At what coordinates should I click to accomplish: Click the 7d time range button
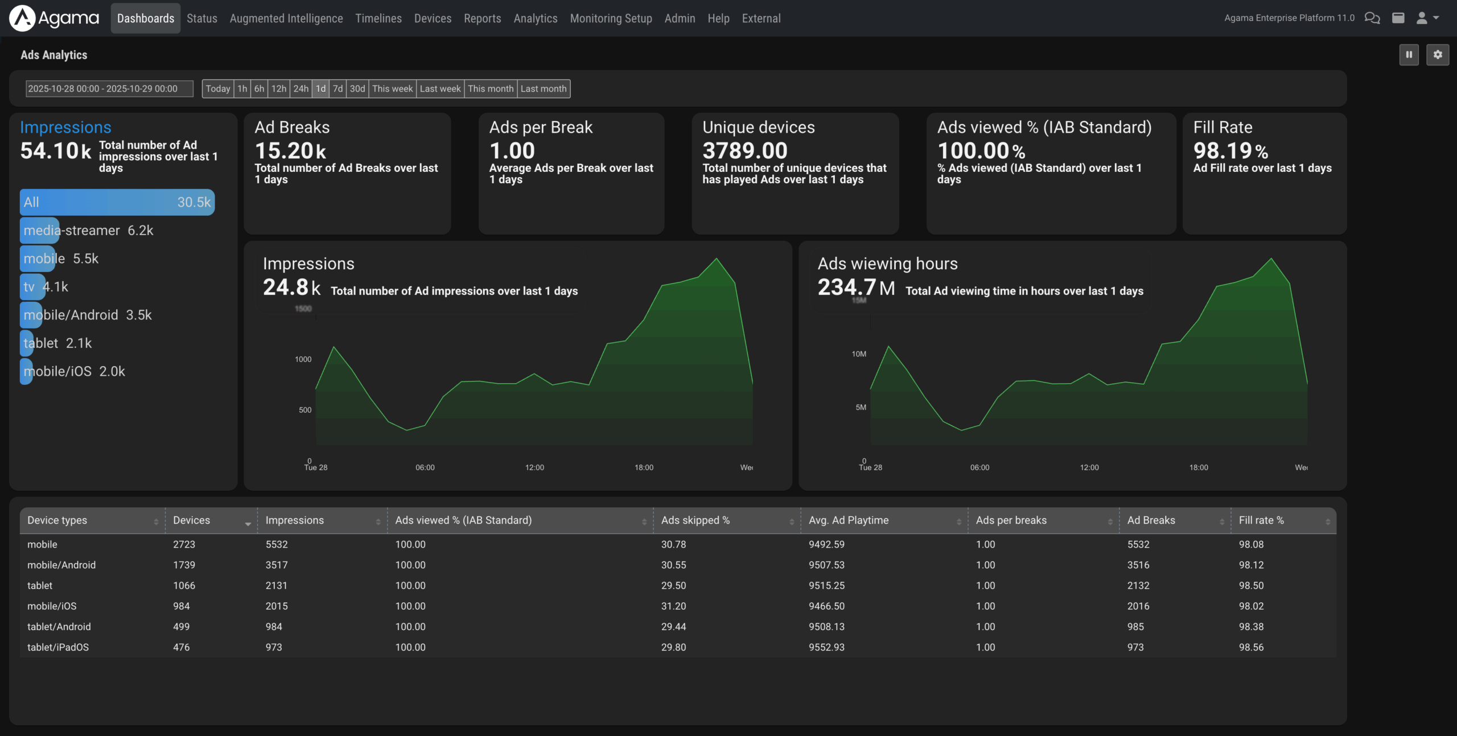[338, 89]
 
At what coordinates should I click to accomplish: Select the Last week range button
[440, 89]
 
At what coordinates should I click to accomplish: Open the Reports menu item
[482, 18]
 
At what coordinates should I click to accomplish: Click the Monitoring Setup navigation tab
[611, 18]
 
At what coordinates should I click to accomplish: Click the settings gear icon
[1437, 55]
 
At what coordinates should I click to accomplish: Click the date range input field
[109, 89]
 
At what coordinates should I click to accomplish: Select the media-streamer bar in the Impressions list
[88, 231]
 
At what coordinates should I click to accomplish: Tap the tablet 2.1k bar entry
[57, 343]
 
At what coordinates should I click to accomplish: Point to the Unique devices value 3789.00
[744, 151]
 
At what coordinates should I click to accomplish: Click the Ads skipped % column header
[695, 520]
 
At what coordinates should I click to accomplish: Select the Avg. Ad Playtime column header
[848, 520]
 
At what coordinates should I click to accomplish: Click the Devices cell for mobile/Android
[184, 565]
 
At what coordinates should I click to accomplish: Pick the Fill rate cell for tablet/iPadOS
[1251, 647]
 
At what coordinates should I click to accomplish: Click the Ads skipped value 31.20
[673, 606]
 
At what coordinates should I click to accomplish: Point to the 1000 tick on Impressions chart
[303, 359]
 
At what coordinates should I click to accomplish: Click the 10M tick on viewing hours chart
[858, 354]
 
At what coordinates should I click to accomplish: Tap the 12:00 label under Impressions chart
[534, 467]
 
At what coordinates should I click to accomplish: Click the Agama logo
[54, 18]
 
